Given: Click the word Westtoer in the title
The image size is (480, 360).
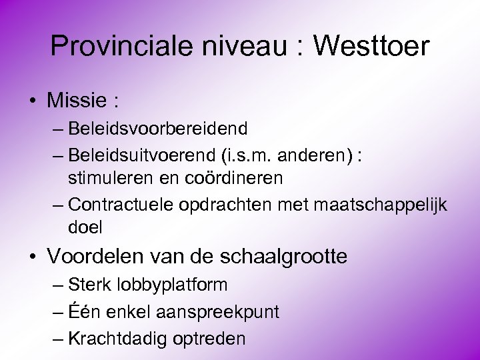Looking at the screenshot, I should point(371,46).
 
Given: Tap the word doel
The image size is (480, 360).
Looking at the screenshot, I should point(85,227).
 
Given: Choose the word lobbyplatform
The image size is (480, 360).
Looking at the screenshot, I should point(172,285).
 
